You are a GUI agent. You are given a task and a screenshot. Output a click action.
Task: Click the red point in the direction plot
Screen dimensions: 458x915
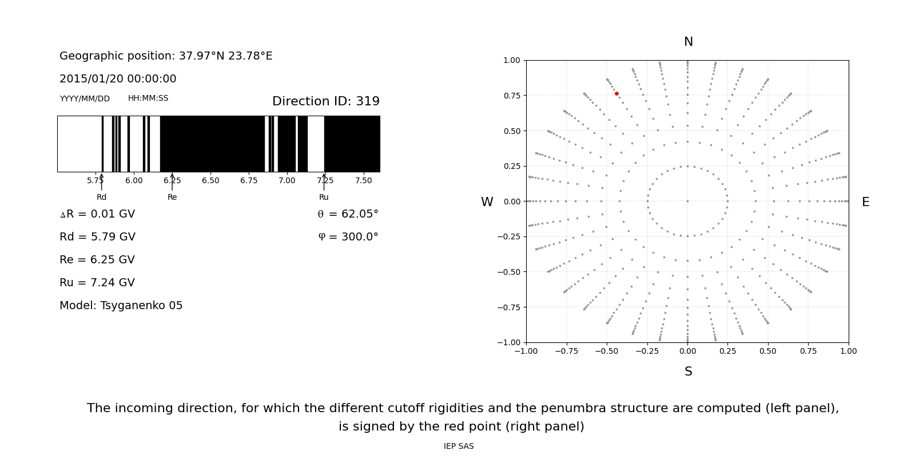tap(616, 93)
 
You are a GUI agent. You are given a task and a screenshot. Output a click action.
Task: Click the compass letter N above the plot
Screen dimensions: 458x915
tap(688, 42)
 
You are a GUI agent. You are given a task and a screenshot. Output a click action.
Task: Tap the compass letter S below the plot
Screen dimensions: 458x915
tap(688, 372)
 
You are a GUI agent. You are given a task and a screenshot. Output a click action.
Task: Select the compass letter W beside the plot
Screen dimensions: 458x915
tap(487, 202)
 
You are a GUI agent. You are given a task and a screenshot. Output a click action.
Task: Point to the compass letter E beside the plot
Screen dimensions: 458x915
tap(865, 202)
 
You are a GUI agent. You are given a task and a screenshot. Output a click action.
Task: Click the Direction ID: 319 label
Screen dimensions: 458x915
tap(325, 101)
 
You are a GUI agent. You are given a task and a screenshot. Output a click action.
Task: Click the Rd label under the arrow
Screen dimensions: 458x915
tap(101, 197)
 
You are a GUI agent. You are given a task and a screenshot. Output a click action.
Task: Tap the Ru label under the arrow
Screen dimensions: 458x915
tap(324, 197)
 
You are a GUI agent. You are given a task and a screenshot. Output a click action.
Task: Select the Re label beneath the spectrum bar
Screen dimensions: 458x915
tap(172, 197)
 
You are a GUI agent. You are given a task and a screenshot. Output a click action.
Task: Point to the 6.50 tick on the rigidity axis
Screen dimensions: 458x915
tap(210, 180)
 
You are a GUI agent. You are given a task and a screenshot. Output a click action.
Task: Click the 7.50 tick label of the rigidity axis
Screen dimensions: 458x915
tap(363, 180)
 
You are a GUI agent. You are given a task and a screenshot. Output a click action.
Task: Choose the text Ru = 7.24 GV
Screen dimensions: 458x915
tap(97, 283)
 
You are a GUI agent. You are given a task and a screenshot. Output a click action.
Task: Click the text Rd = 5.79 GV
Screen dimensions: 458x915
tap(97, 237)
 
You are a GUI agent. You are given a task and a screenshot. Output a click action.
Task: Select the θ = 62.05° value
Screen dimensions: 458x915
tap(348, 214)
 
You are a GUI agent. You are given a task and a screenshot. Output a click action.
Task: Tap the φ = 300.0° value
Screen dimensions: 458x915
tap(348, 237)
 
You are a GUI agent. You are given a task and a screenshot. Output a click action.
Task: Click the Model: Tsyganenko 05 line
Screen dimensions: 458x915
tap(121, 306)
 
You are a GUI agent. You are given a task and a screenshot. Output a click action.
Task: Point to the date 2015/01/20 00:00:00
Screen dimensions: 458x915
tap(118, 79)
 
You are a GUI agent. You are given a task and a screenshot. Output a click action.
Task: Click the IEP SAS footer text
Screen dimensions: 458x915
tap(459, 447)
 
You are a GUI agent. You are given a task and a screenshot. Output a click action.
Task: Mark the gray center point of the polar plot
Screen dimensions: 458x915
tap(687, 201)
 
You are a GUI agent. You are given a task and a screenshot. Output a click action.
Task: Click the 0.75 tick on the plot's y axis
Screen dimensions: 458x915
tap(511, 96)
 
